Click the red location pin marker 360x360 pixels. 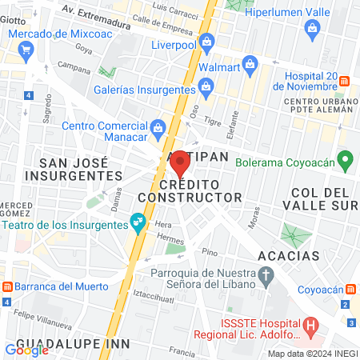pyautogui.click(x=180, y=163)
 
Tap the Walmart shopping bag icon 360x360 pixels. pyautogui.click(x=250, y=62)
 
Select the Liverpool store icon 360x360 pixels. pyautogui.click(x=207, y=41)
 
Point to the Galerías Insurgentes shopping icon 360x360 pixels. pyautogui.click(x=206, y=86)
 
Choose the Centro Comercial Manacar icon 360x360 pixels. pyautogui.click(x=158, y=126)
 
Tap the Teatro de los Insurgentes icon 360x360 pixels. pyautogui.click(x=139, y=221)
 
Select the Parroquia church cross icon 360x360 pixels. pyautogui.click(x=267, y=276)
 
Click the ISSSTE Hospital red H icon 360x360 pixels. pyautogui.click(x=312, y=326)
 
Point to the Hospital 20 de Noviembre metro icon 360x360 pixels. pyautogui.click(x=346, y=80)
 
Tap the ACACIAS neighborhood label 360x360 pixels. pyautogui.click(x=289, y=256)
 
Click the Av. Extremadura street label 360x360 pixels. pyautogui.click(x=95, y=16)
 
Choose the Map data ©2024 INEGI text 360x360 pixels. pyautogui.click(x=312, y=354)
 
